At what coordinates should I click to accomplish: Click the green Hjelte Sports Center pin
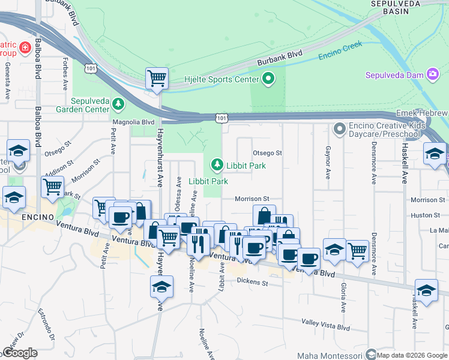point(268,79)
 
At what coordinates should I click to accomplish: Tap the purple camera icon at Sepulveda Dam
point(432,74)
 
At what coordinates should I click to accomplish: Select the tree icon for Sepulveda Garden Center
point(118,105)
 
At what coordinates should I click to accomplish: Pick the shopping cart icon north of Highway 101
point(157,77)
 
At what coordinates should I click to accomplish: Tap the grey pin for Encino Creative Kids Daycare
point(340,129)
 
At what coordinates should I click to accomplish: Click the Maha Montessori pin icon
point(370,355)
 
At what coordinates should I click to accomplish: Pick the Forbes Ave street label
point(65,73)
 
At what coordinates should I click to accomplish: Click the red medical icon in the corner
point(25,47)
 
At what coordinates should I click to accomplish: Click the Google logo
point(20,353)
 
